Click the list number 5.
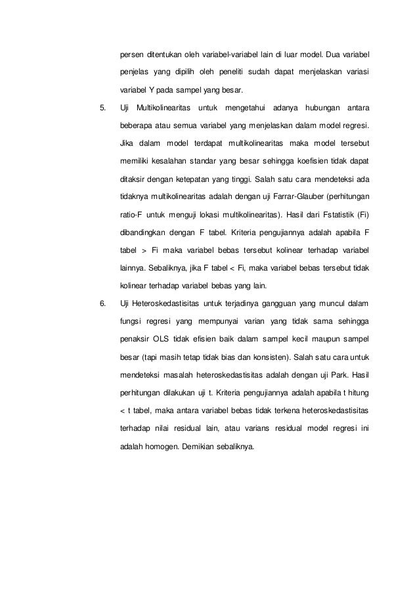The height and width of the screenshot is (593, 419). [101, 107]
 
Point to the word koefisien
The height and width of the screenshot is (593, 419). [299, 160]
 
